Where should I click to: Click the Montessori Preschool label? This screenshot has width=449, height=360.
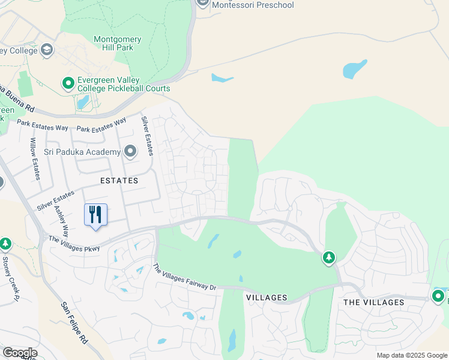[x=252, y=5]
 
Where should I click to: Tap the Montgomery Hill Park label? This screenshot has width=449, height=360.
[x=118, y=43]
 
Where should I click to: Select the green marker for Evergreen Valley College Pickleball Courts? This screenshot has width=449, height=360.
[x=68, y=83]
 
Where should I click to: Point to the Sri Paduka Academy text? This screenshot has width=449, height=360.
[x=82, y=152]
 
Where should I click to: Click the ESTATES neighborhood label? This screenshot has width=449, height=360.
[x=119, y=180]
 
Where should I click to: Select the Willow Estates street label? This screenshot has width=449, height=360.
[x=35, y=159]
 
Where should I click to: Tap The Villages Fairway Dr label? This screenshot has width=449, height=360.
[x=184, y=278]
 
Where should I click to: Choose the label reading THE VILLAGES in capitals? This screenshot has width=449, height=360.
[x=373, y=302]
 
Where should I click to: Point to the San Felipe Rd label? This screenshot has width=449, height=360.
[x=74, y=322]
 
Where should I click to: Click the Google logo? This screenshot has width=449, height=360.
[x=19, y=353]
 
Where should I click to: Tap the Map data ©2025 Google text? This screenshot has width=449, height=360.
[x=411, y=355]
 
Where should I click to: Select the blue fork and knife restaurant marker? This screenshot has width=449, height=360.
[x=95, y=215]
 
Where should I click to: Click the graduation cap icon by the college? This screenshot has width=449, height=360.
[x=47, y=50]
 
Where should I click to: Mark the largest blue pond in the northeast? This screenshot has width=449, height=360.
[x=354, y=69]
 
